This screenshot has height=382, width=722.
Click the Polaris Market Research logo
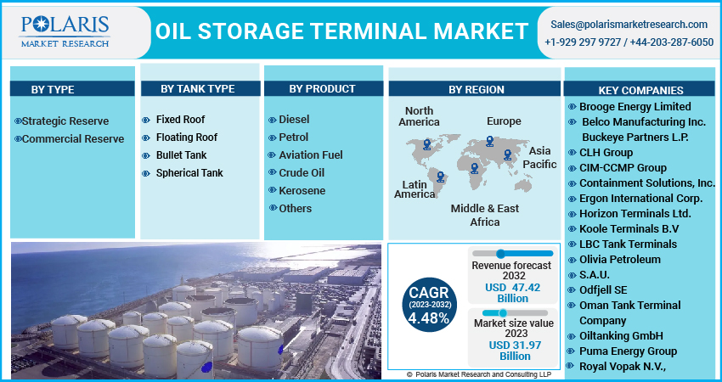pyautogui.click(x=65, y=31)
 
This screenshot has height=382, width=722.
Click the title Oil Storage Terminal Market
pyautogui.click(x=341, y=31)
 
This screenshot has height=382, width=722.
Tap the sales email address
pyautogui.click(x=629, y=24)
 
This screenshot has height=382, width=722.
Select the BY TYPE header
pyautogui.click(x=53, y=89)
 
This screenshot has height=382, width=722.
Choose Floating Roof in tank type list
pyautogui.click(x=186, y=138)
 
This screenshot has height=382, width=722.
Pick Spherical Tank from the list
pyautogui.click(x=189, y=173)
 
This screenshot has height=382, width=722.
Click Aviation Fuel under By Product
pyautogui.click(x=310, y=155)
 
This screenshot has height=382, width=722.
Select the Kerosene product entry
pyautogui.click(x=302, y=191)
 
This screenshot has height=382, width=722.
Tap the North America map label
pyautogui.click(x=419, y=116)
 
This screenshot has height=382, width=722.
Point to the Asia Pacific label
pyautogui.click(x=539, y=157)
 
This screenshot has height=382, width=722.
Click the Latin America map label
pyautogui.click(x=415, y=189)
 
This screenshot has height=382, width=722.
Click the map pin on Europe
pyautogui.click(x=489, y=142)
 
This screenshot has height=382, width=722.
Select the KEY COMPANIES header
pyautogui.click(x=640, y=90)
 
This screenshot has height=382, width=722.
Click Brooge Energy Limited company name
pyautogui.click(x=635, y=107)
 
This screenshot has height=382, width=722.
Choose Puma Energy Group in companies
pyautogui.click(x=629, y=351)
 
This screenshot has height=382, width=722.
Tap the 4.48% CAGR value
pyautogui.click(x=428, y=318)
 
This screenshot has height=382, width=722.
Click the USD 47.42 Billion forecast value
pyautogui.click(x=512, y=292)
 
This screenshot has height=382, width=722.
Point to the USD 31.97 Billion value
pyautogui.click(x=512, y=351)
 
